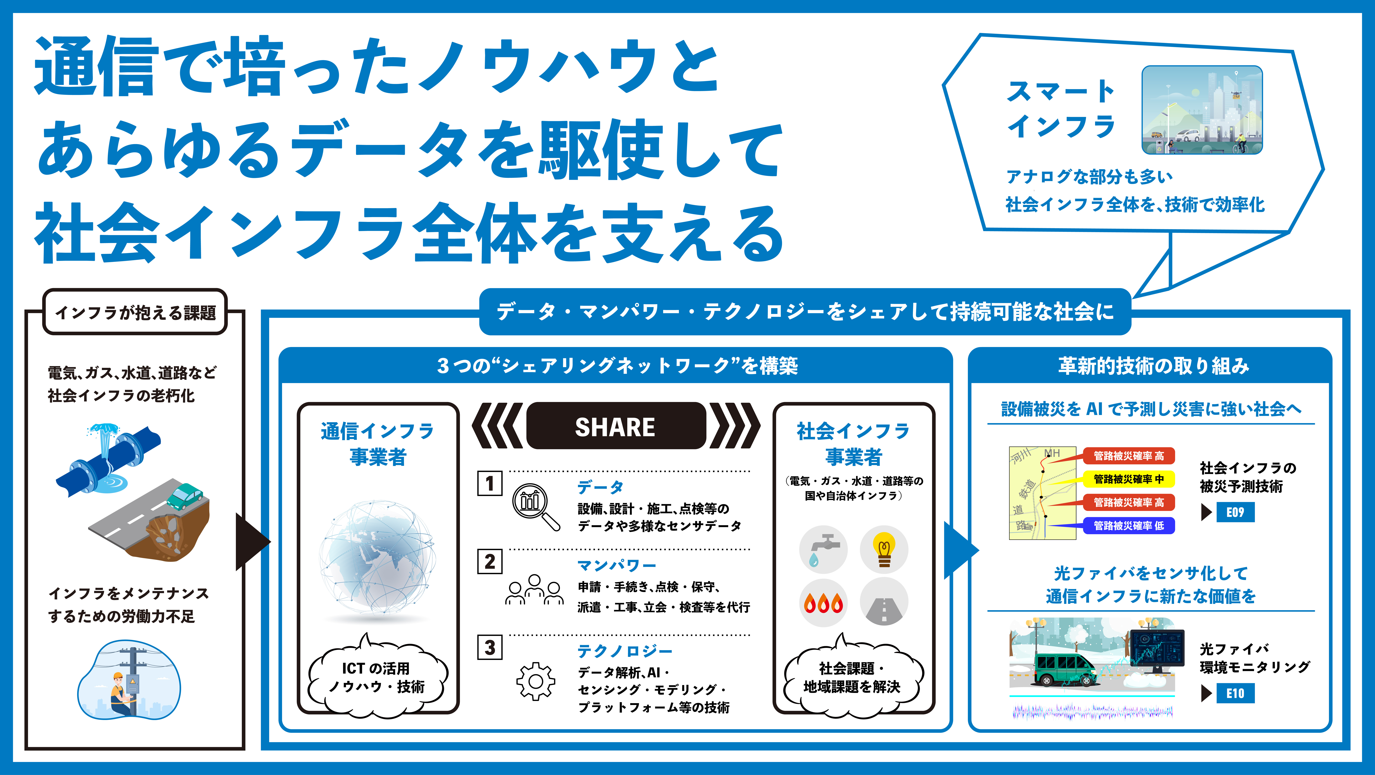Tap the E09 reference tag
coord(1235,512)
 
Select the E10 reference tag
coord(1235,693)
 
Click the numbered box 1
coord(489,483)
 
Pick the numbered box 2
coord(489,561)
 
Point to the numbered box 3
coord(489,647)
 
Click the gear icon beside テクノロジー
coord(535,681)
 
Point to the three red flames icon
coord(823,603)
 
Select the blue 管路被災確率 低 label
coord(1128,526)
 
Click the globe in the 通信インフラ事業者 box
coord(377,558)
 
